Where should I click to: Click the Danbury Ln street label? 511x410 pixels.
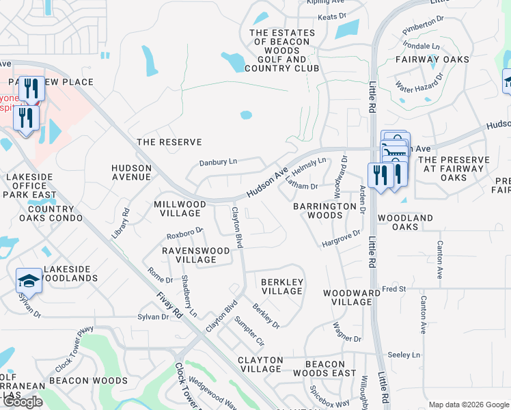point(218,162)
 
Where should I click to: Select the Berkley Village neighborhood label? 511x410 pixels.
point(282,286)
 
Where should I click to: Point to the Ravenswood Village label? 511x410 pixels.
point(195,255)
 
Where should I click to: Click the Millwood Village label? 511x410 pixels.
point(180,208)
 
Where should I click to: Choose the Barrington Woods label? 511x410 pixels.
point(318,210)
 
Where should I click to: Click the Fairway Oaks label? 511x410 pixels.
point(432,59)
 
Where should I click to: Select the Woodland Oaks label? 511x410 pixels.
point(406,222)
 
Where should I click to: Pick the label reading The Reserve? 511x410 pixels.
point(169,142)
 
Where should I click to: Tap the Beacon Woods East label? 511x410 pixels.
point(324,368)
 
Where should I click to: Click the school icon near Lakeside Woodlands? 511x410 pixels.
point(29,280)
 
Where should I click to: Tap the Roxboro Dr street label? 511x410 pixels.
point(185,233)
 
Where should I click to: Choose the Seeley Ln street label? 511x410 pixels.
point(404,355)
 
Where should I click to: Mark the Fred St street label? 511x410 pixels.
point(393,289)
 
